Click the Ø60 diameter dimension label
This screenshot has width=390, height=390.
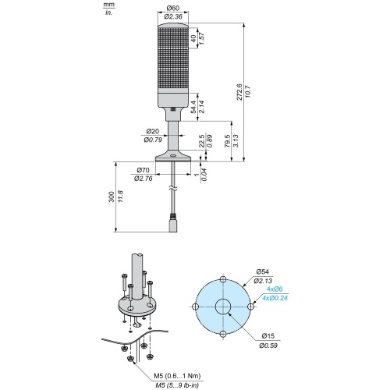coord(173,9)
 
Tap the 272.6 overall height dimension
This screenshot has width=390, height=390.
coord(239,92)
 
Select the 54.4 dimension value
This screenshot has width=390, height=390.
coord(193,107)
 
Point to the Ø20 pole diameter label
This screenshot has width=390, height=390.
coord(153,132)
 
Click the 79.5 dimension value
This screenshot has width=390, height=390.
coord(228,141)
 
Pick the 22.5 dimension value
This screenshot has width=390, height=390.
coord(202,140)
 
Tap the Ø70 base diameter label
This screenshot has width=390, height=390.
coord(143,170)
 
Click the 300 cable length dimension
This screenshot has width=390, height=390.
coord(112,197)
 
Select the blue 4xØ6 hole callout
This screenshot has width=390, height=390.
coord(275,289)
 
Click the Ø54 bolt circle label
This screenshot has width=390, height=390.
coord(263,272)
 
